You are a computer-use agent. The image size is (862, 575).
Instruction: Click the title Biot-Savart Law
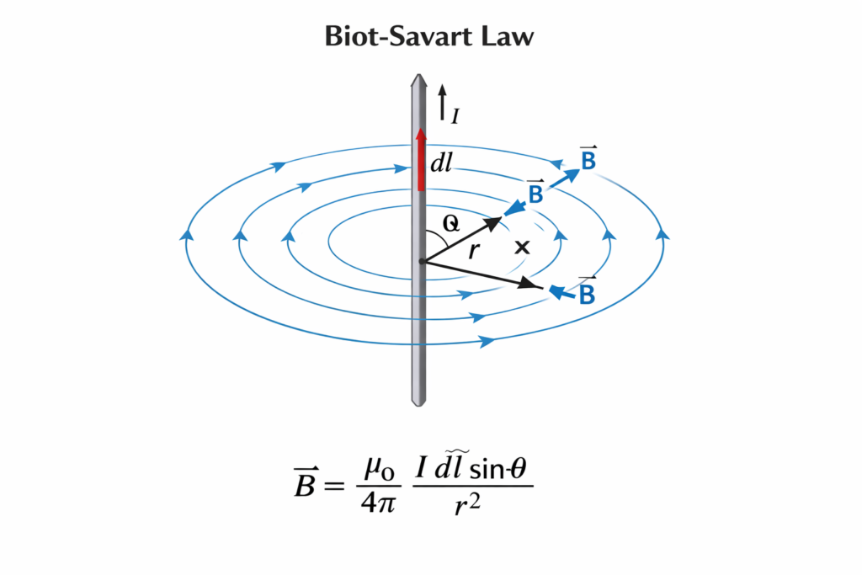coord(430,37)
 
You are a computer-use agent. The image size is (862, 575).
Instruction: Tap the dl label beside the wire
coord(441,164)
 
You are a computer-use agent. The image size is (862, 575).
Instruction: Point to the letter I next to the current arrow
coord(455,116)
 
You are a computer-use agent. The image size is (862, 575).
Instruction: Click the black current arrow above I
coord(441,98)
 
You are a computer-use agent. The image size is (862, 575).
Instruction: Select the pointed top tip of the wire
coord(419,78)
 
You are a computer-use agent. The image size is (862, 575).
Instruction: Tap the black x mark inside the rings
coord(523,248)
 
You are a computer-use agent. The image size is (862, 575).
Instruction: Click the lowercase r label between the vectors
coord(473,248)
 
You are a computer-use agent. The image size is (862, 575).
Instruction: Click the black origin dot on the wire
coord(420,262)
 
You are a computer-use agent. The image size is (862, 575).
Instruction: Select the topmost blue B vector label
coord(588,159)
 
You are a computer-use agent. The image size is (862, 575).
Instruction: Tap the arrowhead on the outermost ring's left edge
coord(184,233)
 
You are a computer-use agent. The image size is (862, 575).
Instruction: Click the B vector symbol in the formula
coord(305,486)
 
